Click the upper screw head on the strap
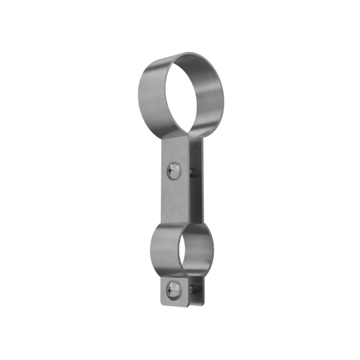(x=174, y=169)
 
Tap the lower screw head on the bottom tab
(x=174, y=288)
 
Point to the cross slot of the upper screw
(x=174, y=169)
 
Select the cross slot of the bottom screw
(x=174, y=288)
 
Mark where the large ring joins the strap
(x=176, y=139)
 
